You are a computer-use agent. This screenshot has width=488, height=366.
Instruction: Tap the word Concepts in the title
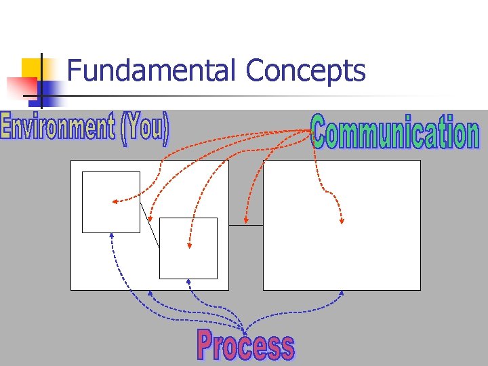[306, 70]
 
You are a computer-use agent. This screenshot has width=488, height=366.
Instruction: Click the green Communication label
[395, 132]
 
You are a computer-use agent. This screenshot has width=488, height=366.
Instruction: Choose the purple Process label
[245, 345]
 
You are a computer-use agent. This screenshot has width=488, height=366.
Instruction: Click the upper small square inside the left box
[110, 202]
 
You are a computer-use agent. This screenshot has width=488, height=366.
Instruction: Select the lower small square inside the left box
[188, 248]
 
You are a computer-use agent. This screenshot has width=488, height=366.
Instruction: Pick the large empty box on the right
[342, 225]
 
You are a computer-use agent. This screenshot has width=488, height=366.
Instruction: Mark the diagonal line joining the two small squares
[150, 225]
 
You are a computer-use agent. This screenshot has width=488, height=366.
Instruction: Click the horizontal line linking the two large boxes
[246, 225]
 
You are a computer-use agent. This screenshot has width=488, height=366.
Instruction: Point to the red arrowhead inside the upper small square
[115, 201]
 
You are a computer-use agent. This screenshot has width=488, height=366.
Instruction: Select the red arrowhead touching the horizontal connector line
[246, 221]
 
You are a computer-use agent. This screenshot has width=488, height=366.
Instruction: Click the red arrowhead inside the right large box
[342, 220]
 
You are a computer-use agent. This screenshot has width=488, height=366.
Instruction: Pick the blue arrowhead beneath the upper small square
[112, 237]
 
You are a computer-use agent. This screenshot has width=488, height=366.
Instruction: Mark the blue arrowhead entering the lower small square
[189, 281]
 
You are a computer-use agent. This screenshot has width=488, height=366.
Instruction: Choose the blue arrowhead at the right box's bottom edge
[342, 293]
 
